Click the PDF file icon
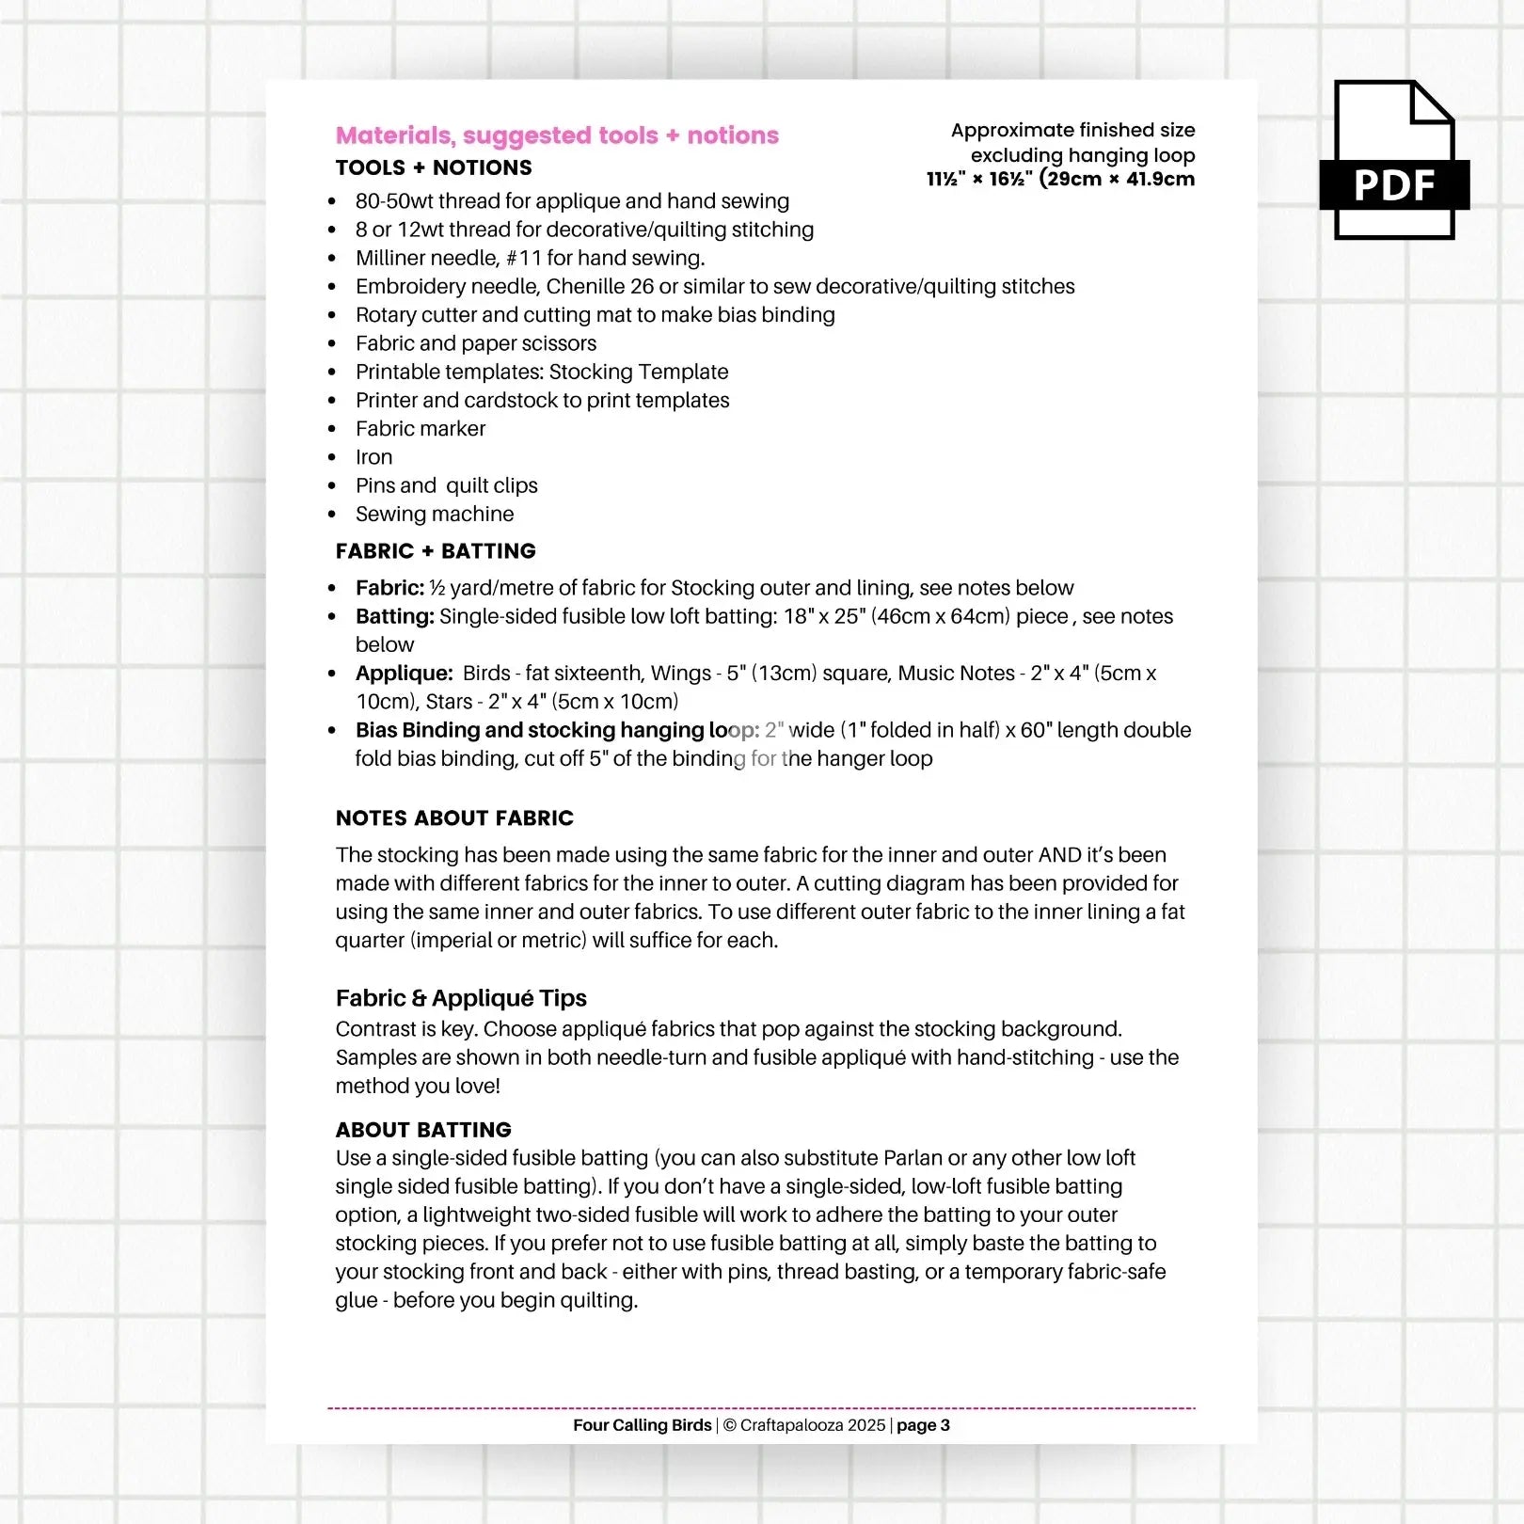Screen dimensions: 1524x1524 click(x=1394, y=160)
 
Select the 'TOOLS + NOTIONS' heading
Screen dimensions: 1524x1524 click(x=434, y=167)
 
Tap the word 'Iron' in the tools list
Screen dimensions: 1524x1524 click(x=373, y=457)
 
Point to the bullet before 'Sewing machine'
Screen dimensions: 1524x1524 click(x=332, y=515)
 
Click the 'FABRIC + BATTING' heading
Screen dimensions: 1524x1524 click(x=436, y=551)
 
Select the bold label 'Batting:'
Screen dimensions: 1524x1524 click(x=394, y=616)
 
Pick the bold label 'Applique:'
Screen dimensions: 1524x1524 click(x=404, y=674)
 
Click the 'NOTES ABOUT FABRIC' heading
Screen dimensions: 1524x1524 click(x=454, y=818)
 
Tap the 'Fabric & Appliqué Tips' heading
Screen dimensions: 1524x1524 click(x=461, y=998)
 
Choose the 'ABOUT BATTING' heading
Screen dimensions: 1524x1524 click(x=423, y=1130)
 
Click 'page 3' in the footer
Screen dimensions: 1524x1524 click(x=923, y=1425)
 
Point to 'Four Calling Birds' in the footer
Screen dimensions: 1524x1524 click(x=642, y=1425)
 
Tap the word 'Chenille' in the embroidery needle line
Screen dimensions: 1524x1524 click(x=586, y=287)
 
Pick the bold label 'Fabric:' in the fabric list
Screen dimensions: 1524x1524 click(x=389, y=588)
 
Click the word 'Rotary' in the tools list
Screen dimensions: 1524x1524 click(x=386, y=315)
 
